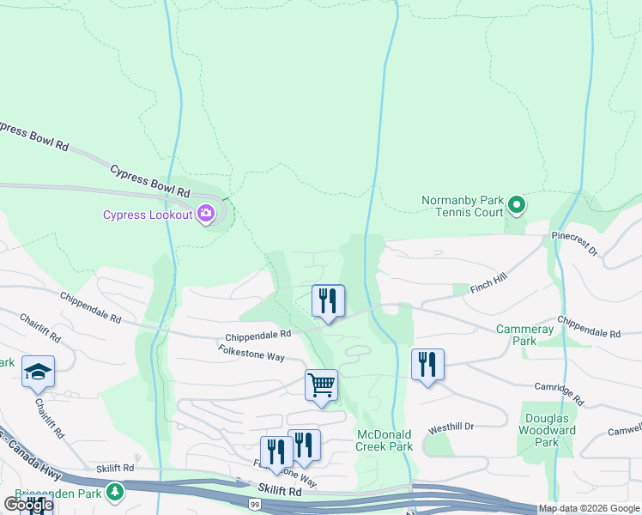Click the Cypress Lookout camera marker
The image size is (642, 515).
click(206, 214)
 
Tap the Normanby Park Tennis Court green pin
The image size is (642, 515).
click(517, 205)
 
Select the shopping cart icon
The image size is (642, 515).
click(321, 385)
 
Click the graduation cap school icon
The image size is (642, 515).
click(38, 372)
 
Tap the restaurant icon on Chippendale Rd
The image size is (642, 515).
click(327, 301)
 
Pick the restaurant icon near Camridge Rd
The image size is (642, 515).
click(427, 365)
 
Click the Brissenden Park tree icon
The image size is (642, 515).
click(114, 492)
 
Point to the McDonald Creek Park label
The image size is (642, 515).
click(385, 440)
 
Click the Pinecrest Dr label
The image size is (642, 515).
click(574, 242)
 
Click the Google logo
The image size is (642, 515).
click(27, 505)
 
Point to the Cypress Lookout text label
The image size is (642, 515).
click(148, 215)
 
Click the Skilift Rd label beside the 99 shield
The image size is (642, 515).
click(282, 492)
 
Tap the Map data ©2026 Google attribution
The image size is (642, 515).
click(589, 508)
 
